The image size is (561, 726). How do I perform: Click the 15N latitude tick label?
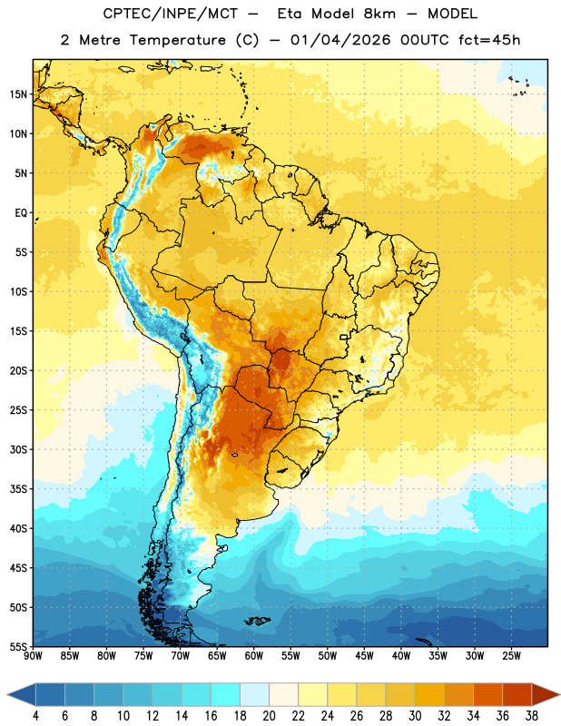point(18,94)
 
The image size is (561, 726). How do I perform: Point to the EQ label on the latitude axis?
point(21,213)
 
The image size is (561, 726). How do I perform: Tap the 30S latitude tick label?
point(18,449)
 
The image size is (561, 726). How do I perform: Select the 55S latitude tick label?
point(18,646)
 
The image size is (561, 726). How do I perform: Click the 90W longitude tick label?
point(33,656)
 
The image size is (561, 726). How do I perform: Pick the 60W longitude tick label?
point(254,656)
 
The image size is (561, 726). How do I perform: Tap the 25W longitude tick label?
point(511,656)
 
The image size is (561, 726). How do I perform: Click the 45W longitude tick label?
point(364,656)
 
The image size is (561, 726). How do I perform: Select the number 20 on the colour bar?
point(269,716)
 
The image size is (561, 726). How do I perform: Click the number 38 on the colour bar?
point(531,716)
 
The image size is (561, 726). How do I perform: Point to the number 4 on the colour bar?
point(35,716)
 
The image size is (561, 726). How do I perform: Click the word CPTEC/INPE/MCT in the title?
point(170,14)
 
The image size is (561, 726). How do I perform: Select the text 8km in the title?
point(379,14)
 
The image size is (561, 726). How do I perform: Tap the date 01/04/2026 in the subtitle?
point(340,40)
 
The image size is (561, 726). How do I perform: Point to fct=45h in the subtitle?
point(489,40)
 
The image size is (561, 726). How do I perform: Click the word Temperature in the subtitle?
point(177,40)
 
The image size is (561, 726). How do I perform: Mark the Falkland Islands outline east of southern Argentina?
point(257,621)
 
